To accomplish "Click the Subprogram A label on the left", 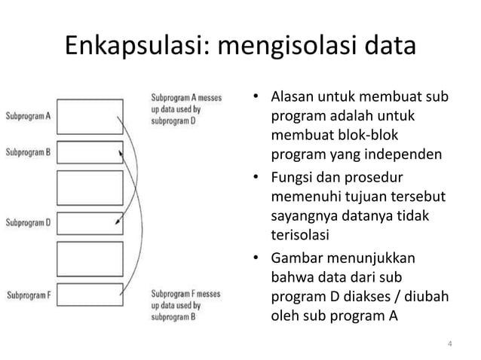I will [29, 117].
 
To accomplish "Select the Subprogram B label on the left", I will [29, 151].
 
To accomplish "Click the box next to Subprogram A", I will [84, 117].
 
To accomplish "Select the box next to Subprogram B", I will [84, 152].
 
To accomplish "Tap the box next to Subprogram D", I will [84, 223].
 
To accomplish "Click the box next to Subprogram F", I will [84, 294].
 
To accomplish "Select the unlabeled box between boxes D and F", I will [84, 258].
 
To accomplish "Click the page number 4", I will [449, 345].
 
